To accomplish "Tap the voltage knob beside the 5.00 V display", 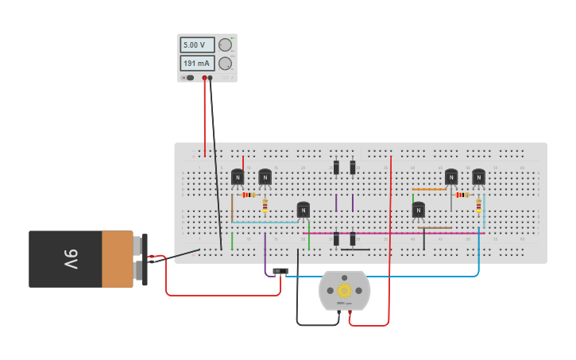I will pyautogui.click(x=225, y=45).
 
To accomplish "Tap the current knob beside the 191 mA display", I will pyautogui.click(x=225, y=64).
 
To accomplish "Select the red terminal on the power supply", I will pyautogui.click(x=204, y=78).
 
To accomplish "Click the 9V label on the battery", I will pyautogui.click(x=70, y=259).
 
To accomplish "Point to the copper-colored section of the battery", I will pyautogui.click(x=118, y=259).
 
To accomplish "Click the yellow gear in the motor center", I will pyautogui.click(x=344, y=290).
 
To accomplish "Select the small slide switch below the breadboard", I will pyautogui.click(x=280, y=271).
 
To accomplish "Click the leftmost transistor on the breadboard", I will pyautogui.click(x=237, y=177).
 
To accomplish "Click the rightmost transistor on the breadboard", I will pyautogui.click(x=478, y=176).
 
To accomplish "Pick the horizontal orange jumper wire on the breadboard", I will pyautogui.click(x=429, y=190).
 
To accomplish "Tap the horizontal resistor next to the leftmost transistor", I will pyautogui.click(x=249, y=195).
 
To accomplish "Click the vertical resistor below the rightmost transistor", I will pyautogui.click(x=478, y=206).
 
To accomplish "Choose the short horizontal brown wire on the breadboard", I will pyautogui.click(x=435, y=228).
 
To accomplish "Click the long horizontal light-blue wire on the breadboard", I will pyautogui.click(x=266, y=223).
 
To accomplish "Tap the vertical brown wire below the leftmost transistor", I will pyautogui.click(x=232, y=208).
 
